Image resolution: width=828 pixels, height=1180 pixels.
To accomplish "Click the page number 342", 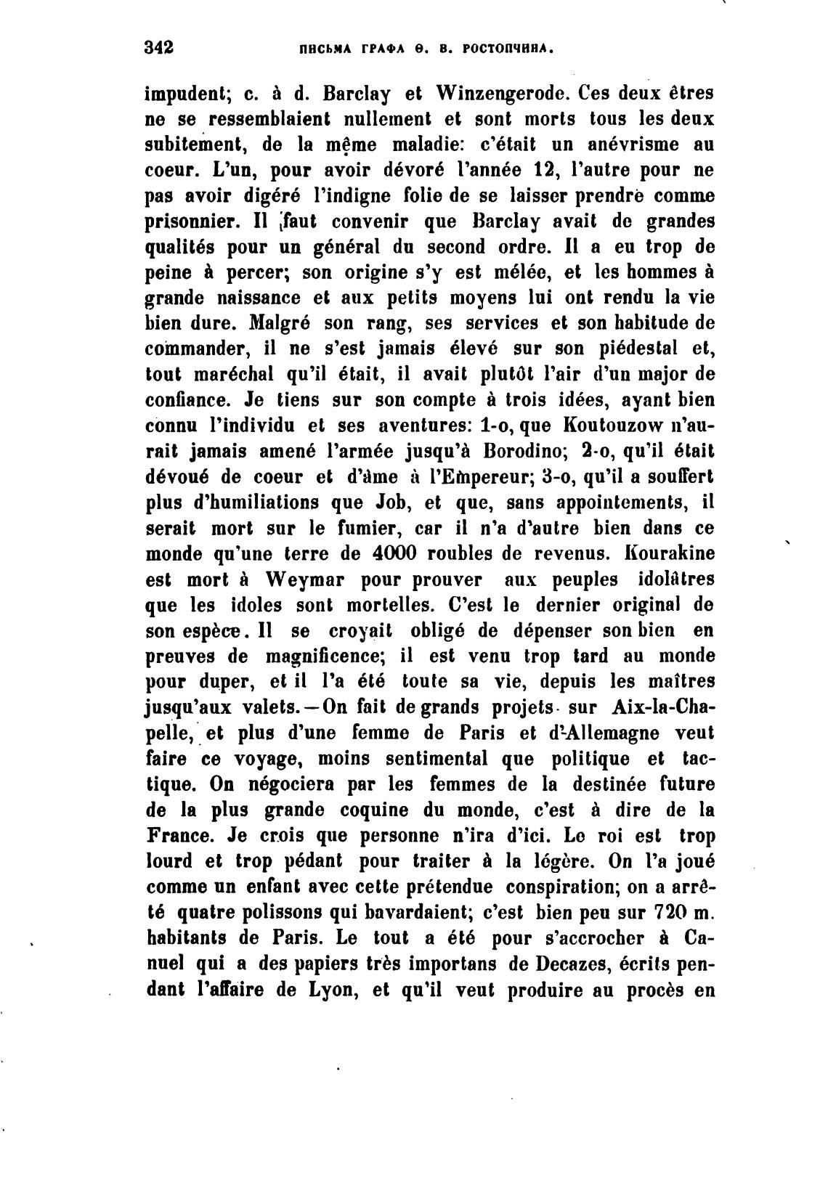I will click(159, 49).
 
